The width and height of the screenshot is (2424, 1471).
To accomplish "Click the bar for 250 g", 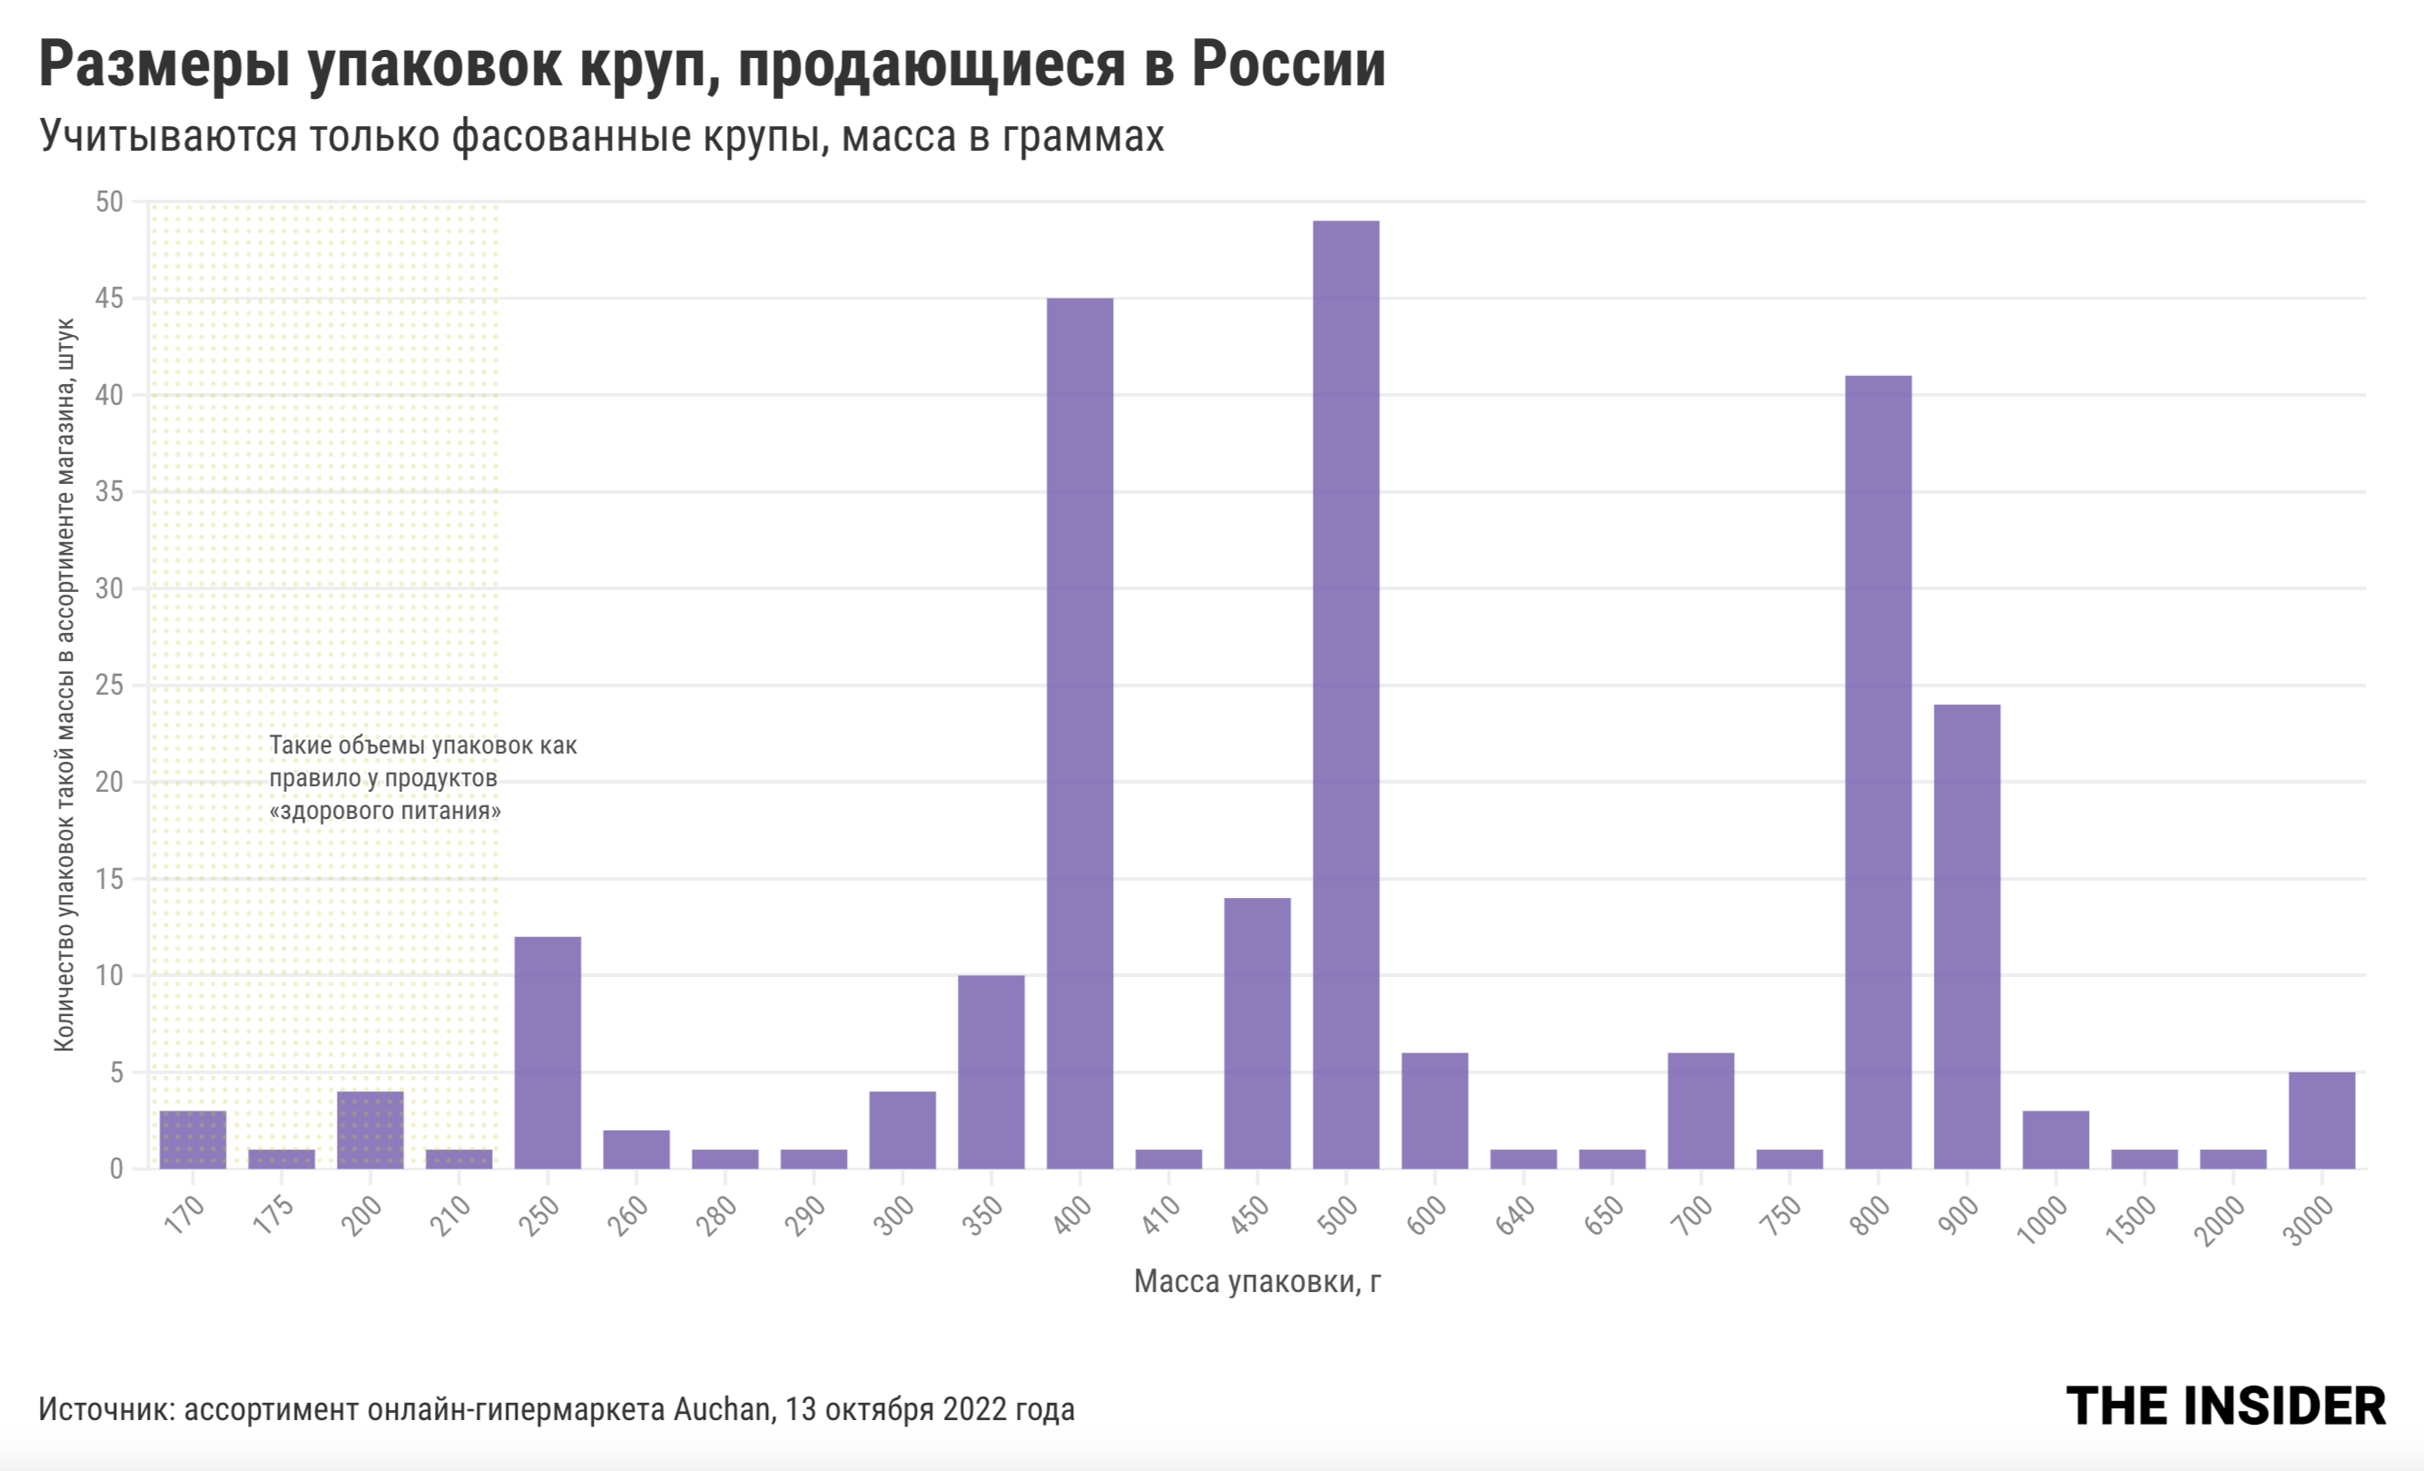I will [x=547, y=1051].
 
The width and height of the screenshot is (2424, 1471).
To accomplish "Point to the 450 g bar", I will [x=1257, y=1032].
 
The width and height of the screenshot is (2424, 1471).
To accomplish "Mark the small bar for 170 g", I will [x=192, y=1140].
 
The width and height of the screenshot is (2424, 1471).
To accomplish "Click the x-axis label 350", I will [x=980, y=1216].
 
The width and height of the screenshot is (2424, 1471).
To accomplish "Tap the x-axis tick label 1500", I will [x=2131, y=1220].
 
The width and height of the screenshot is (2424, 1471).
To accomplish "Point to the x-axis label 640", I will [x=1514, y=1216].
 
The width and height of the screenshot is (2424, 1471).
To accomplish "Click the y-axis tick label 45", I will [x=109, y=298].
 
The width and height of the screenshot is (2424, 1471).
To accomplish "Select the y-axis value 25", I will [x=109, y=685].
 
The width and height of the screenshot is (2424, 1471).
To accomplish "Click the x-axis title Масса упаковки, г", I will [x=1256, y=1281].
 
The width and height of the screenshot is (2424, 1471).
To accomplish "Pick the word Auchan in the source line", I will [x=722, y=1409].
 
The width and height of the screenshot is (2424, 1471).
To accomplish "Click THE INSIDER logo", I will [x=2225, y=1406].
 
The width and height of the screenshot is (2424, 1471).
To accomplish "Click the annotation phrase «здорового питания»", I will [x=385, y=811].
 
